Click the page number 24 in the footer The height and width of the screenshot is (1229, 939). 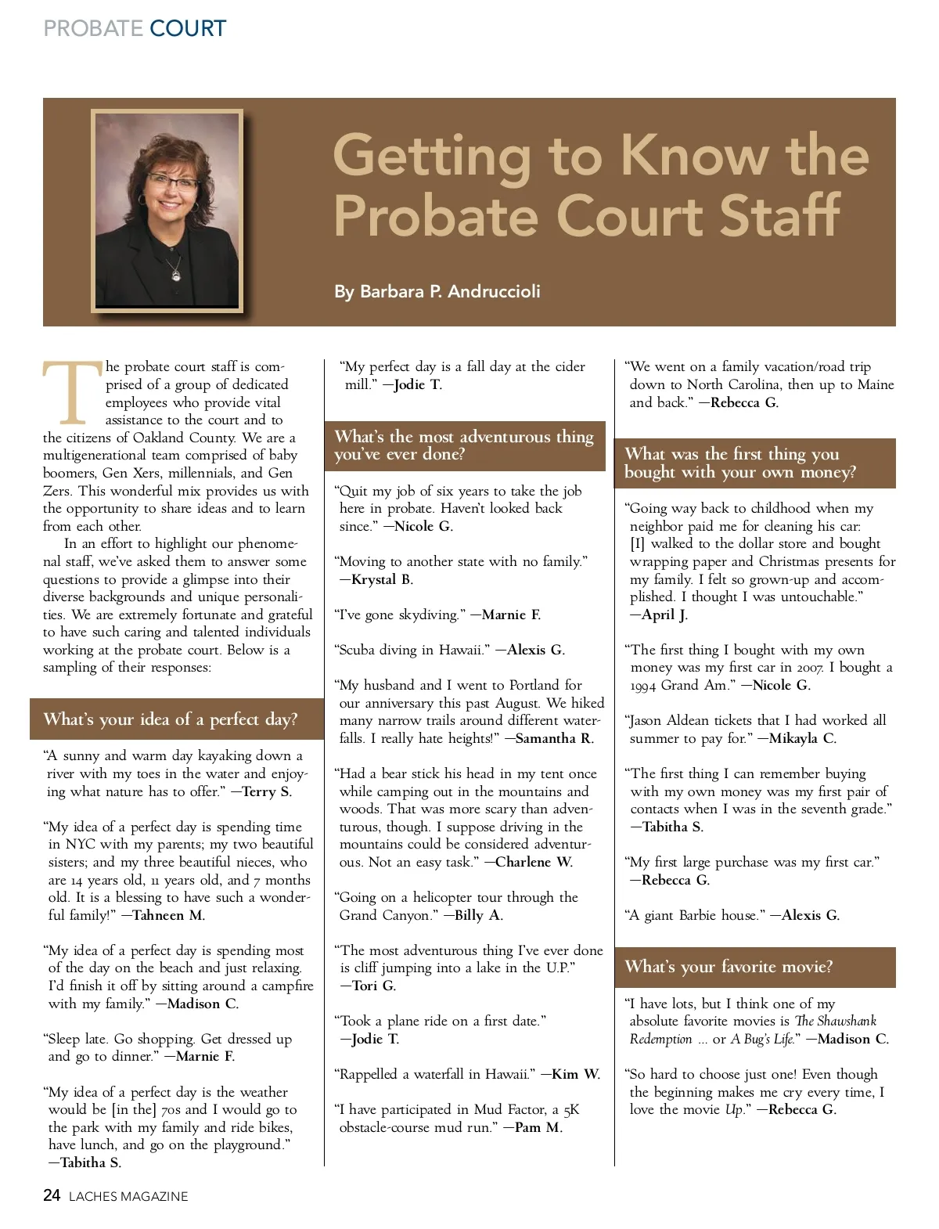point(52,1195)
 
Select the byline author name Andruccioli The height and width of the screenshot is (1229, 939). point(495,291)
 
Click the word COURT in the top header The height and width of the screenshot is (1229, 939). point(188,29)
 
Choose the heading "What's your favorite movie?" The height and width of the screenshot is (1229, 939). point(729,967)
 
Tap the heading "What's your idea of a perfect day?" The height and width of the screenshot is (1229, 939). point(171,719)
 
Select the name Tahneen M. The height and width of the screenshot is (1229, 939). point(169,915)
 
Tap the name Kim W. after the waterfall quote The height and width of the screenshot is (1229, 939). point(576,1074)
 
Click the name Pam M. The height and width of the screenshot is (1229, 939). point(538,1127)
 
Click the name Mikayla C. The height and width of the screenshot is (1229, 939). point(802,738)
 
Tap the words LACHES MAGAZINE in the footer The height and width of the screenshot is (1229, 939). point(128,1197)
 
